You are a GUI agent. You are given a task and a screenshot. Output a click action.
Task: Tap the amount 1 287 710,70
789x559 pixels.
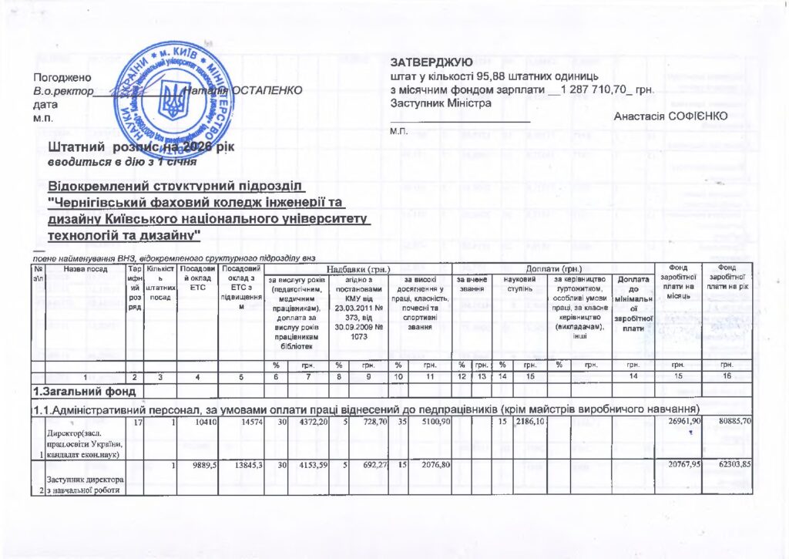coord(597,90)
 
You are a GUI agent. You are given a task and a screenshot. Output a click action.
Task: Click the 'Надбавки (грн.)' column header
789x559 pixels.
coord(360,268)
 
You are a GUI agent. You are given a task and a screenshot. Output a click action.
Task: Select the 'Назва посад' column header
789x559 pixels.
coord(85,269)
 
